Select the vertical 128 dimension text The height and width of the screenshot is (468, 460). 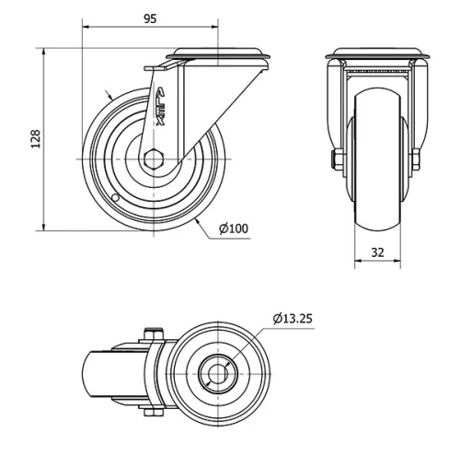(36, 138)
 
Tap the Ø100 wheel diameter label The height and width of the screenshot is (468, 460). (234, 228)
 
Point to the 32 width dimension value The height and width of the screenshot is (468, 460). (378, 250)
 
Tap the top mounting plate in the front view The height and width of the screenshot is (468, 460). (377, 54)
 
